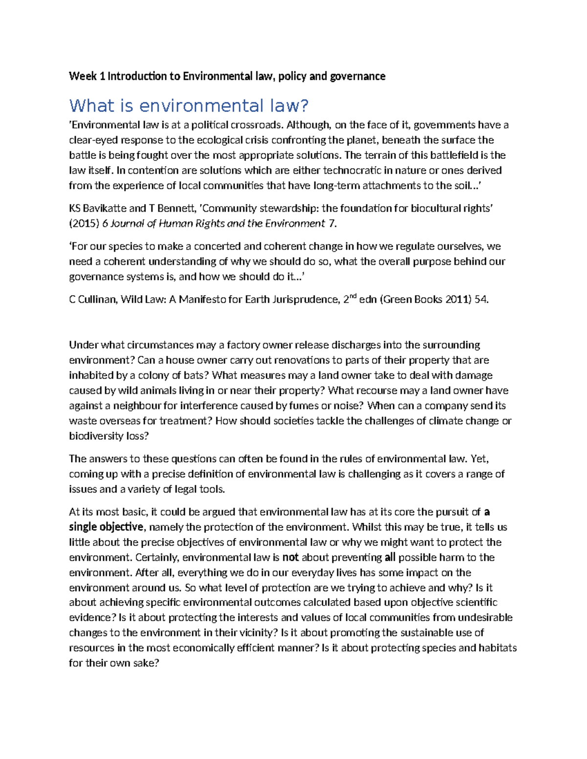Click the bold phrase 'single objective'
pos(106,527)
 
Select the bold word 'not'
pos(290,558)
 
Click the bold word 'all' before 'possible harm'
pos(390,558)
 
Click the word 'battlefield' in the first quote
pos(453,155)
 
